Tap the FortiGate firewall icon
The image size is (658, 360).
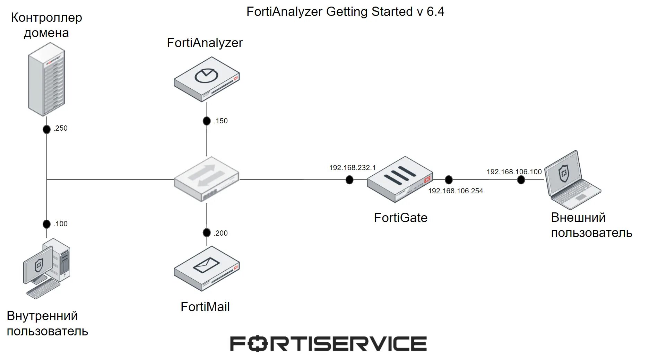400,179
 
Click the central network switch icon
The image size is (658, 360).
206,179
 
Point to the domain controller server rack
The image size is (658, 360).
46,79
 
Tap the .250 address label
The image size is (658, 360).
60,128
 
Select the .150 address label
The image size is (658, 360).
220,121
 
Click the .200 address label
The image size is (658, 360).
220,233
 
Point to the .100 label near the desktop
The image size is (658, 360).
60,224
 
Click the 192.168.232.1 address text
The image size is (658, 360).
352,168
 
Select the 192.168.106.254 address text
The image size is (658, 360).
456,191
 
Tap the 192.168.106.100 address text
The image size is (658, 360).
514,172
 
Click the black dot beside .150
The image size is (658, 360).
207,121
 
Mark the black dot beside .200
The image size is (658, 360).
207,233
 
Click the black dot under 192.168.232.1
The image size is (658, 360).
349,180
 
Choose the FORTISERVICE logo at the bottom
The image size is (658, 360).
328,344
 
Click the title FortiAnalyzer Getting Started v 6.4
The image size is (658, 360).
345,12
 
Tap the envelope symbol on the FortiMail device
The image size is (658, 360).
206,265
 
